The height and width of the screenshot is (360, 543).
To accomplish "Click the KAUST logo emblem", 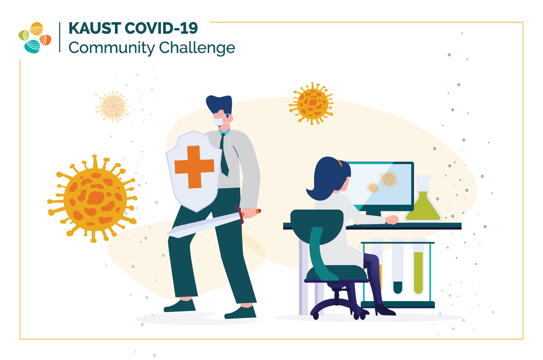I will point(35,38).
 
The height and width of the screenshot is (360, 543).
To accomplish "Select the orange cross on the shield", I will point(194,167).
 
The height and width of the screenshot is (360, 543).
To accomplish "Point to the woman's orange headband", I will point(339,162).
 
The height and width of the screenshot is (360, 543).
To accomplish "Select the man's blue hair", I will point(219,105).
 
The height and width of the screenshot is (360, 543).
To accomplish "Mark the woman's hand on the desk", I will point(393,220).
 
